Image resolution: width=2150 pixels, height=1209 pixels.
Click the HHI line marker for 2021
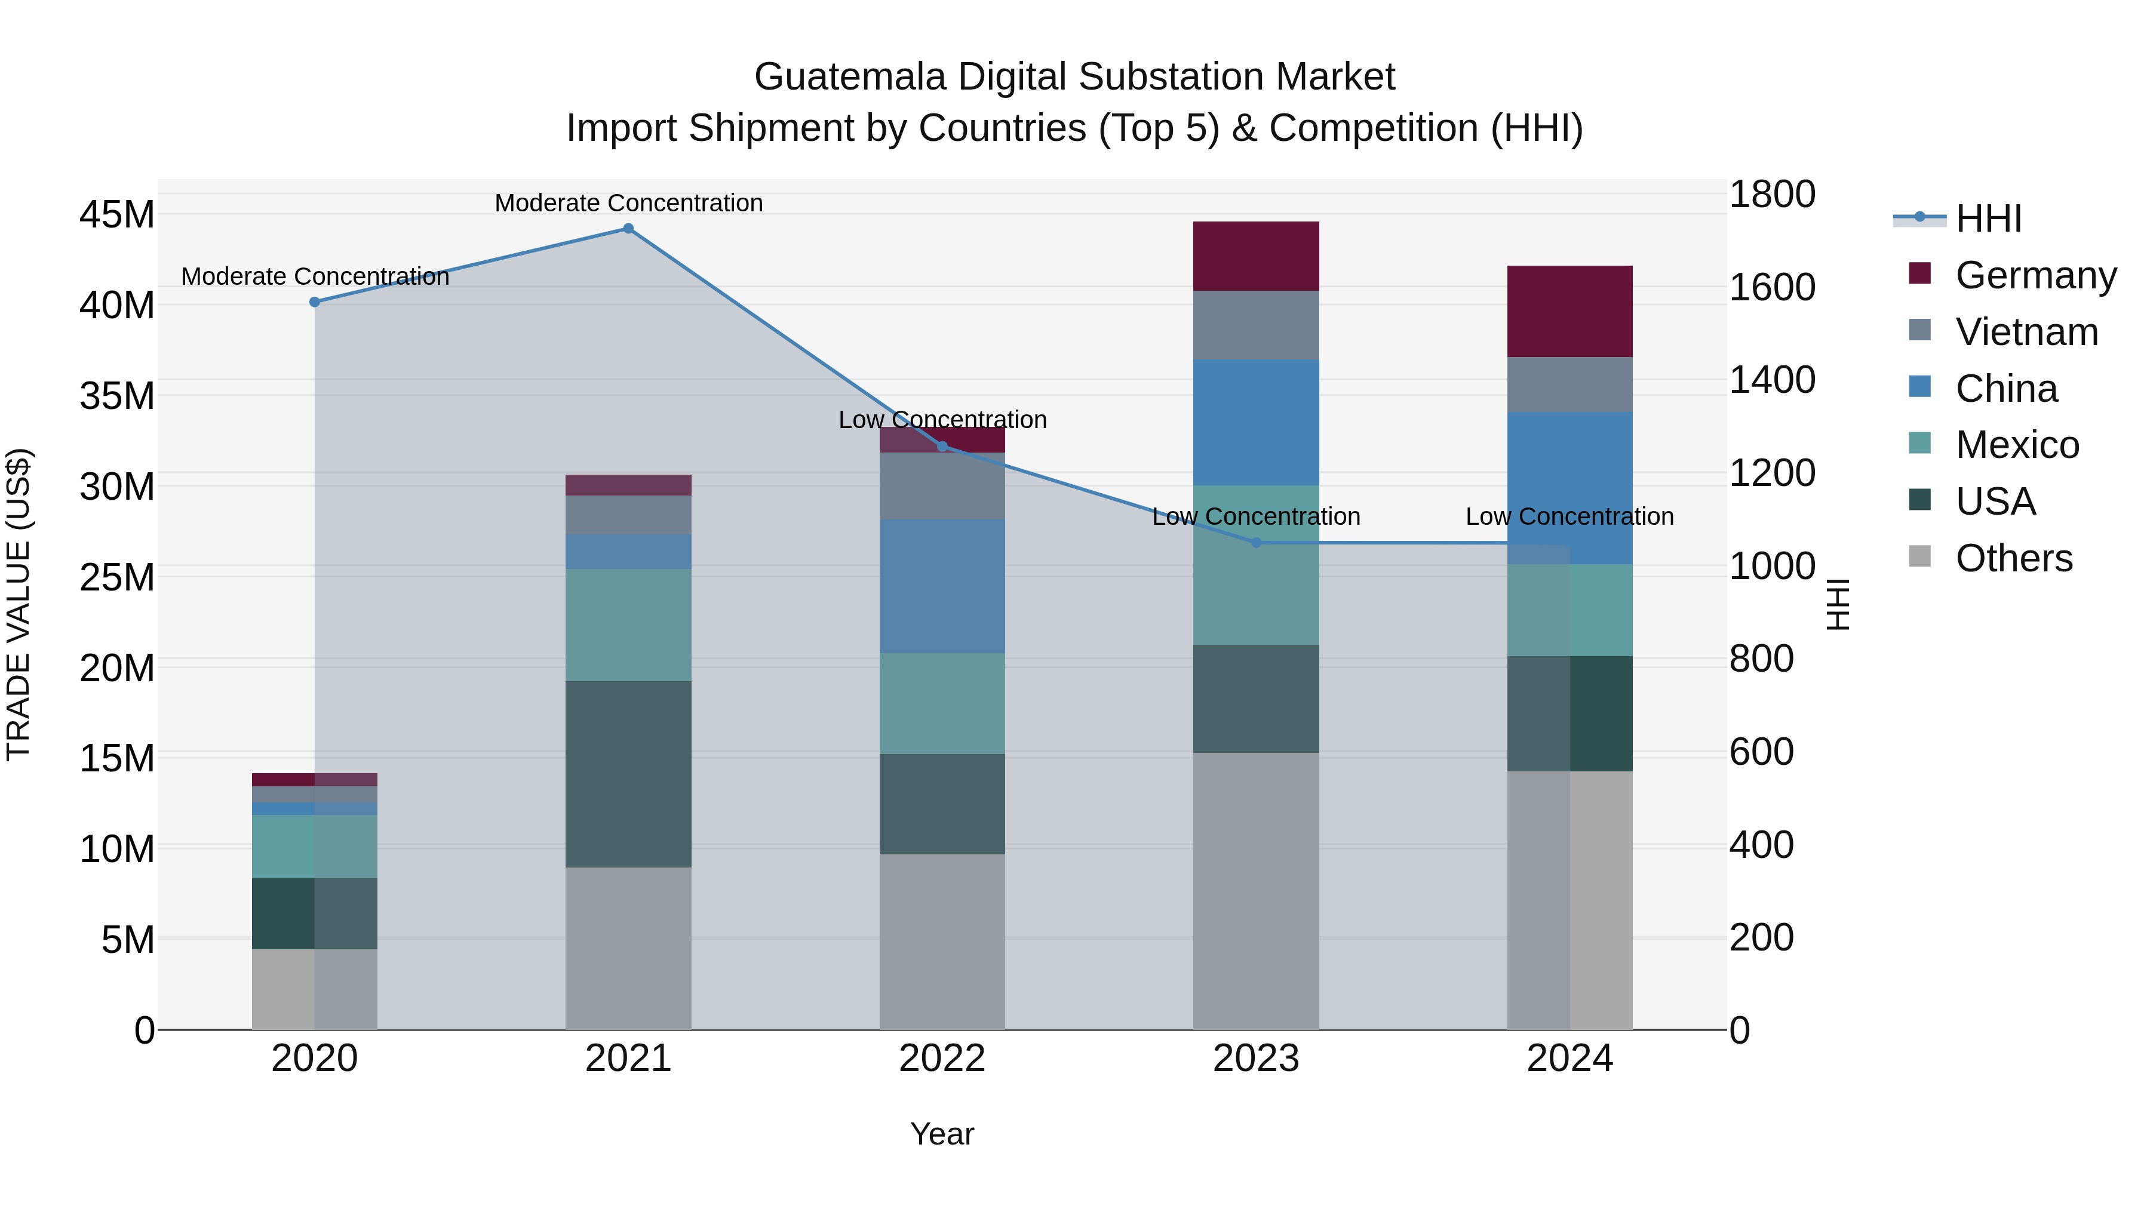click(628, 229)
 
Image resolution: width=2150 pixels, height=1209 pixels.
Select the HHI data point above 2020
click(315, 302)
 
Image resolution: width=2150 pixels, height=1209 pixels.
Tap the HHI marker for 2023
click(1256, 542)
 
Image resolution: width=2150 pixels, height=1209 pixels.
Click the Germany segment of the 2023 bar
click(1256, 256)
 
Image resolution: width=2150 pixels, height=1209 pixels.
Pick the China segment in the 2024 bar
click(1570, 488)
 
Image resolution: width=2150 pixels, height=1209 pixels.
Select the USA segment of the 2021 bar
click(628, 774)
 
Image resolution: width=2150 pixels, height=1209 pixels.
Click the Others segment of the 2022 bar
click(942, 941)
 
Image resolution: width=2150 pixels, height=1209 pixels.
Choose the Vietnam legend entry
click(2026, 332)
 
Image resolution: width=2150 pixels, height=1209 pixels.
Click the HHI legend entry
click(1988, 219)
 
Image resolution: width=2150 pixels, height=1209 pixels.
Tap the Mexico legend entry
click(2017, 445)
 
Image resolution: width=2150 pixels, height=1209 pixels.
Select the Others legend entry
click(2013, 558)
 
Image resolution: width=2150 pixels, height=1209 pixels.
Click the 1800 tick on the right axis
click(1772, 195)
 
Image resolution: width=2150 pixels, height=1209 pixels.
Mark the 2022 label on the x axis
click(942, 1059)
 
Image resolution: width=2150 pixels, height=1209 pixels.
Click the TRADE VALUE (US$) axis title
click(19, 604)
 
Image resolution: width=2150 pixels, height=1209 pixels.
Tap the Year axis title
click(942, 1134)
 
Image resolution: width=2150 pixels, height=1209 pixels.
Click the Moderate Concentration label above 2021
click(628, 203)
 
